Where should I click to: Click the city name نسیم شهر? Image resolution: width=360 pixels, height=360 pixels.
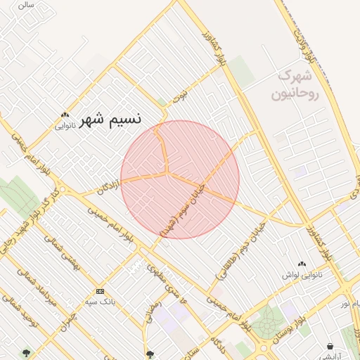[x=110, y=119]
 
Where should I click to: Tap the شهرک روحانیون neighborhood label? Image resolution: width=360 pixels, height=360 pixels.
[x=298, y=84]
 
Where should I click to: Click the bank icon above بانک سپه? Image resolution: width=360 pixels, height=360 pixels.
[x=100, y=291]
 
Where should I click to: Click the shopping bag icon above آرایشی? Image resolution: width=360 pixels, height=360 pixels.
[x=330, y=346]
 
